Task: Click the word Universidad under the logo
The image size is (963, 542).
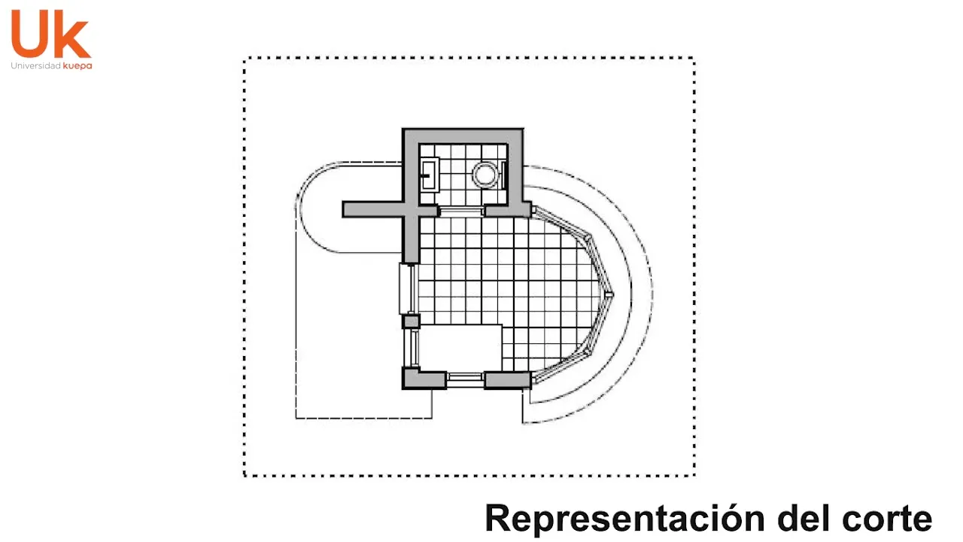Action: point(35,66)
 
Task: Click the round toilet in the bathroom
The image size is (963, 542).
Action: point(485,175)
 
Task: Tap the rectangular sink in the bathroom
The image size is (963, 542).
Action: point(430,175)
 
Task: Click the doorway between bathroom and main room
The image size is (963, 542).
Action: point(461,210)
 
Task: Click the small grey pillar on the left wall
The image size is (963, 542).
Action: point(411,322)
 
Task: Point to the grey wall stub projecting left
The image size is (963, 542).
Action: point(372,209)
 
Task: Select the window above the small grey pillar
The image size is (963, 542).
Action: point(408,288)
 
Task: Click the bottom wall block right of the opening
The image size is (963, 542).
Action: point(506,379)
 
